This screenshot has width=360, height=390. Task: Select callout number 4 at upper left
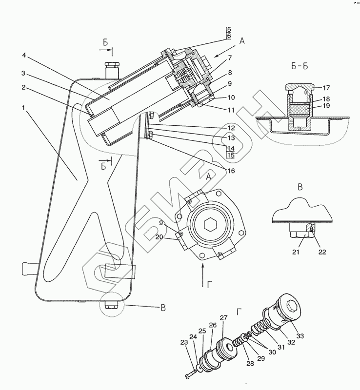(x=24, y=55)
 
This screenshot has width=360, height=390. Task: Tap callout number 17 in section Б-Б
(x=326, y=88)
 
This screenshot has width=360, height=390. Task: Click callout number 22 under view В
(x=322, y=252)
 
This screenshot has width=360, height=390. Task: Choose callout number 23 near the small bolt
(x=184, y=342)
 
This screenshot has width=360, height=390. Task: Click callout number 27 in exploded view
(x=223, y=318)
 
